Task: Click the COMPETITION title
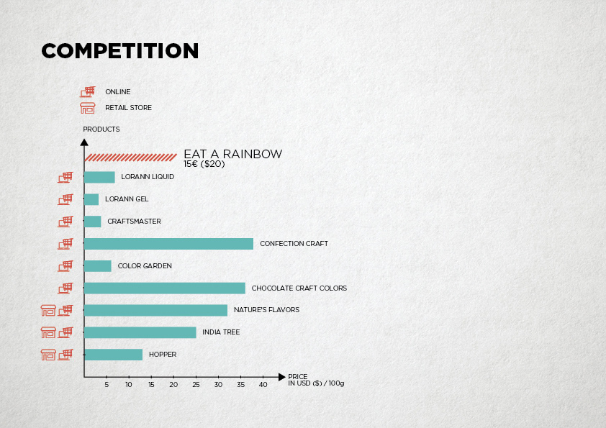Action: (x=119, y=51)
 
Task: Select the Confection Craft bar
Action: (x=169, y=244)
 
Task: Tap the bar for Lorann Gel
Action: (x=91, y=199)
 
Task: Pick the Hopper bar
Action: (x=114, y=355)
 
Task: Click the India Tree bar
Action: (x=140, y=332)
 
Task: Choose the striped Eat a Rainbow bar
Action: (x=131, y=158)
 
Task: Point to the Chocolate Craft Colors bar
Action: (x=165, y=288)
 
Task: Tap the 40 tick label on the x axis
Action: (x=263, y=385)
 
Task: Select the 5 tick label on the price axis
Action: (x=107, y=385)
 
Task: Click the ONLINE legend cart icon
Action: (x=88, y=92)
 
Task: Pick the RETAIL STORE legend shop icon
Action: (x=88, y=108)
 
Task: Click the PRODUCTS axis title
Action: (x=101, y=129)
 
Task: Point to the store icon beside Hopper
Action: (x=48, y=355)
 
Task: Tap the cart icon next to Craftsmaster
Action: (x=65, y=222)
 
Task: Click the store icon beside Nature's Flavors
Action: (x=48, y=310)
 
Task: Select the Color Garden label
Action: (x=145, y=265)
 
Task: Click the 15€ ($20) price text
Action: (x=204, y=164)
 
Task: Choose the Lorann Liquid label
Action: (x=148, y=176)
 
